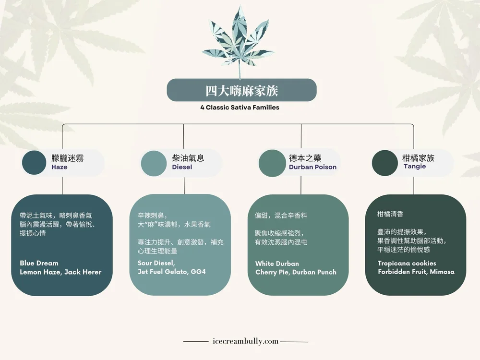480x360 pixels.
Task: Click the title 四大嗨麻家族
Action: click(241, 90)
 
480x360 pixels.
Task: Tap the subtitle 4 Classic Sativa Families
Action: click(240, 108)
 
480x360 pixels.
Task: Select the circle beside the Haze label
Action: click(34, 163)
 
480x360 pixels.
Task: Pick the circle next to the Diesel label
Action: click(153, 163)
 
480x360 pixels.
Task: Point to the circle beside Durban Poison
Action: click(272, 163)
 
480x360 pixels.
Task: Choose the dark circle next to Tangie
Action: click(384, 163)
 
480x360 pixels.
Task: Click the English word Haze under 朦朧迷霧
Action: click(60, 168)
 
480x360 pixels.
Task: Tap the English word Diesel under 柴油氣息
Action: click(182, 168)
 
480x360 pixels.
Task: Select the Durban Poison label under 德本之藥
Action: click(312, 168)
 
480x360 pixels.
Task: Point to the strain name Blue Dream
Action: click(39, 263)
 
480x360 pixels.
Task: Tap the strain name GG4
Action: click(198, 272)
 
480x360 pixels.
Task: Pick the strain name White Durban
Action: click(277, 264)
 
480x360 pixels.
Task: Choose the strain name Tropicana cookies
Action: click(407, 263)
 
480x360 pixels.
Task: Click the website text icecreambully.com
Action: click(245, 342)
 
